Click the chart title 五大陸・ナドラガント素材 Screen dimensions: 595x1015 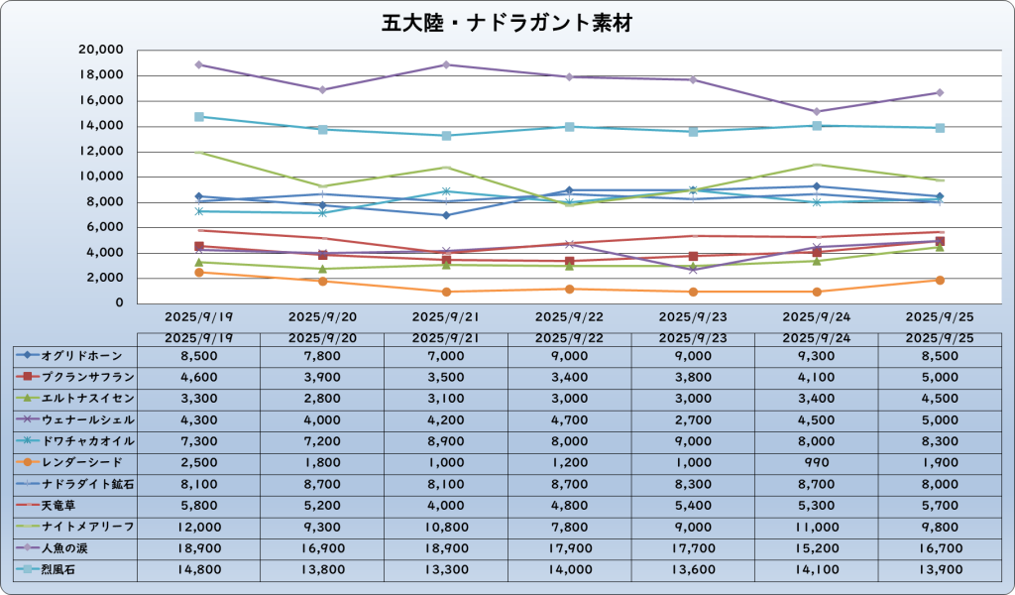pyautogui.click(x=507, y=22)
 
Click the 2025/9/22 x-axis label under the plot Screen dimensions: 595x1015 pyautogui.click(x=569, y=317)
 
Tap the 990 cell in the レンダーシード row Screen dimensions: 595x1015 pyautogui.click(x=817, y=462)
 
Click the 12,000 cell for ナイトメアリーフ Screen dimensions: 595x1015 pyautogui.click(x=199, y=526)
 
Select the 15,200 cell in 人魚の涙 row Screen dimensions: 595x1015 pyautogui.click(x=817, y=547)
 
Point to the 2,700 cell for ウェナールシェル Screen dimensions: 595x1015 pyautogui.click(x=693, y=419)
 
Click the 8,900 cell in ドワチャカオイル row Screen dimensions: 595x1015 pyautogui.click(x=446, y=440)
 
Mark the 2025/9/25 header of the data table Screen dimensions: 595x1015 pyautogui.click(x=940, y=337)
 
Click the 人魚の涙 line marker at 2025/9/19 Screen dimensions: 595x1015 pyautogui.click(x=199, y=64)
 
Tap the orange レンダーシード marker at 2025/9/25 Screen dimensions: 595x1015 pyautogui.click(x=940, y=280)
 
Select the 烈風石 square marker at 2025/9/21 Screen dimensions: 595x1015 pyautogui.click(x=446, y=136)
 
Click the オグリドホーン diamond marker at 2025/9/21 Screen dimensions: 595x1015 pyautogui.click(x=446, y=215)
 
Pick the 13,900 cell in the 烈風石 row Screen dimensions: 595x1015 pyautogui.click(x=940, y=569)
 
